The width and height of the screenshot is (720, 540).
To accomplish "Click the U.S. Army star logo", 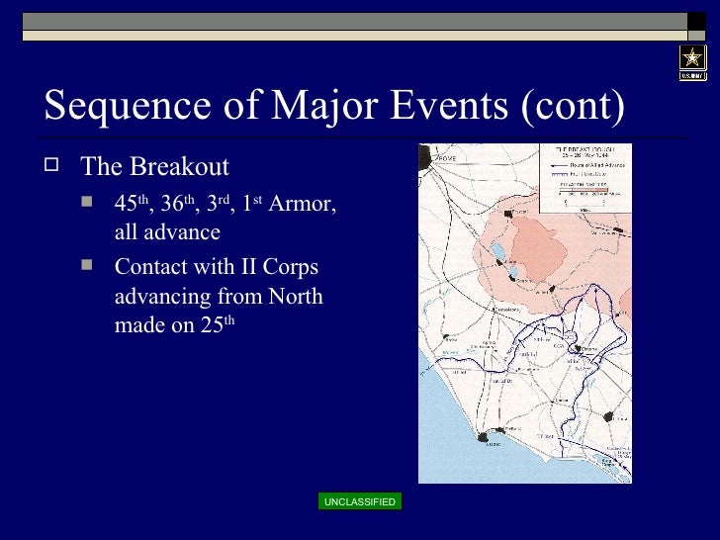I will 692,61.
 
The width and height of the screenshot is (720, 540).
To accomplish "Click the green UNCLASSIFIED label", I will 359,502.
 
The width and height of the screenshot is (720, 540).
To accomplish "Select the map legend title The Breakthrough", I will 575,149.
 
